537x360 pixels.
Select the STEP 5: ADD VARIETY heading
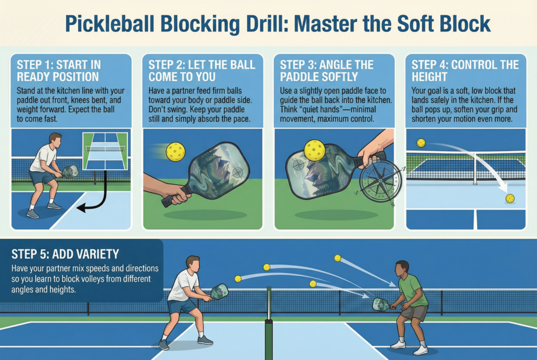(x=65, y=255)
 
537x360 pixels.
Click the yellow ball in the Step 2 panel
(x=175, y=152)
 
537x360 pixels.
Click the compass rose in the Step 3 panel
(x=381, y=181)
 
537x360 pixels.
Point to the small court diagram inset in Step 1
(x=105, y=151)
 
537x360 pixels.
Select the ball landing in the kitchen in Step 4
(x=509, y=198)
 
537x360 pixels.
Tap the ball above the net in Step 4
(x=421, y=143)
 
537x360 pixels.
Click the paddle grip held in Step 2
(x=173, y=196)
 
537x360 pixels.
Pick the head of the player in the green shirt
(x=402, y=267)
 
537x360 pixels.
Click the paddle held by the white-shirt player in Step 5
(x=219, y=291)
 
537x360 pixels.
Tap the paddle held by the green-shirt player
(x=381, y=304)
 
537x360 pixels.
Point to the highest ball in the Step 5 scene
(x=338, y=258)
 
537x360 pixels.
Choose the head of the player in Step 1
(x=56, y=139)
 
